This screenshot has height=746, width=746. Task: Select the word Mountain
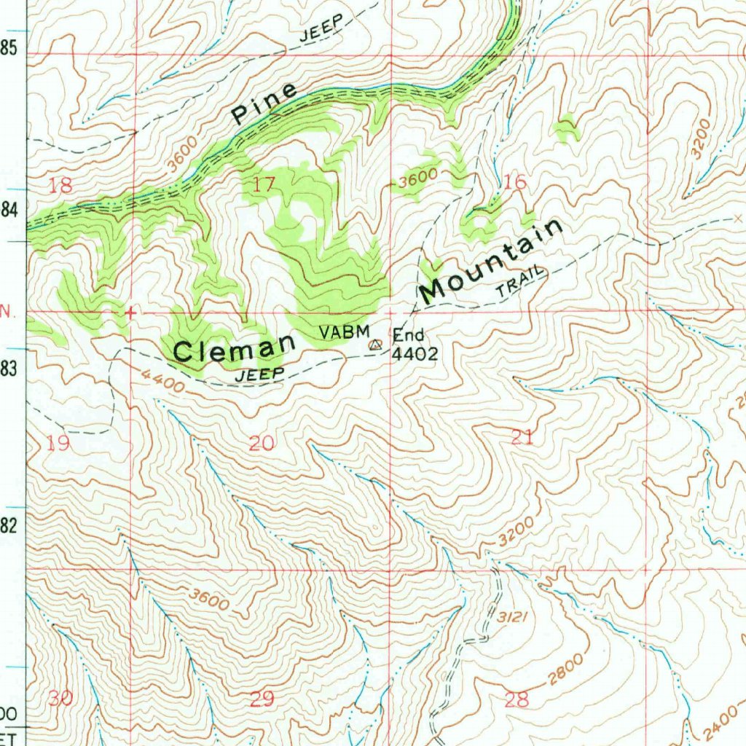[x=492, y=261]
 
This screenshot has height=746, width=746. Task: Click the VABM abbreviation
[x=345, y=332]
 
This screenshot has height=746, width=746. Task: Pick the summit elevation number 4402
[x=415, y=355]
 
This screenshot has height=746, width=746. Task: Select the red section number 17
[x=263, y=185]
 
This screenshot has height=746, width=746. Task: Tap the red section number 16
[x=514, y=182]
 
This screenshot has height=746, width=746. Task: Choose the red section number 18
[x=60, y=186]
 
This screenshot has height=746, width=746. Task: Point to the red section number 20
[x=262, y=443]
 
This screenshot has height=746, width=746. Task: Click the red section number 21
[x=522, y=438]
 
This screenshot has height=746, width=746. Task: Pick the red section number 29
[x=262, y=700]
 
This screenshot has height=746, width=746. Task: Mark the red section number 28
[x=516, y=700]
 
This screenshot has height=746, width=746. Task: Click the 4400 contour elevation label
[x=162, y=380]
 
